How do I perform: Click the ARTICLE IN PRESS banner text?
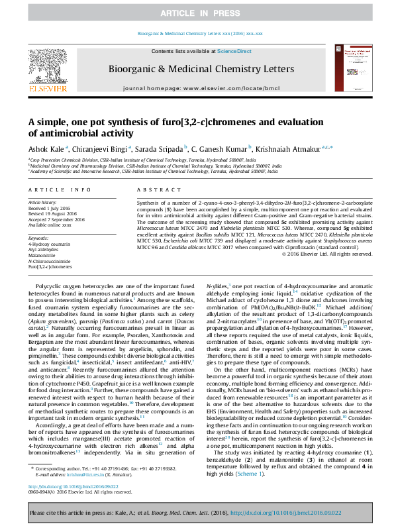(x=197, y=13)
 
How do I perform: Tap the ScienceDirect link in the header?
(x=234, y=51)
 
